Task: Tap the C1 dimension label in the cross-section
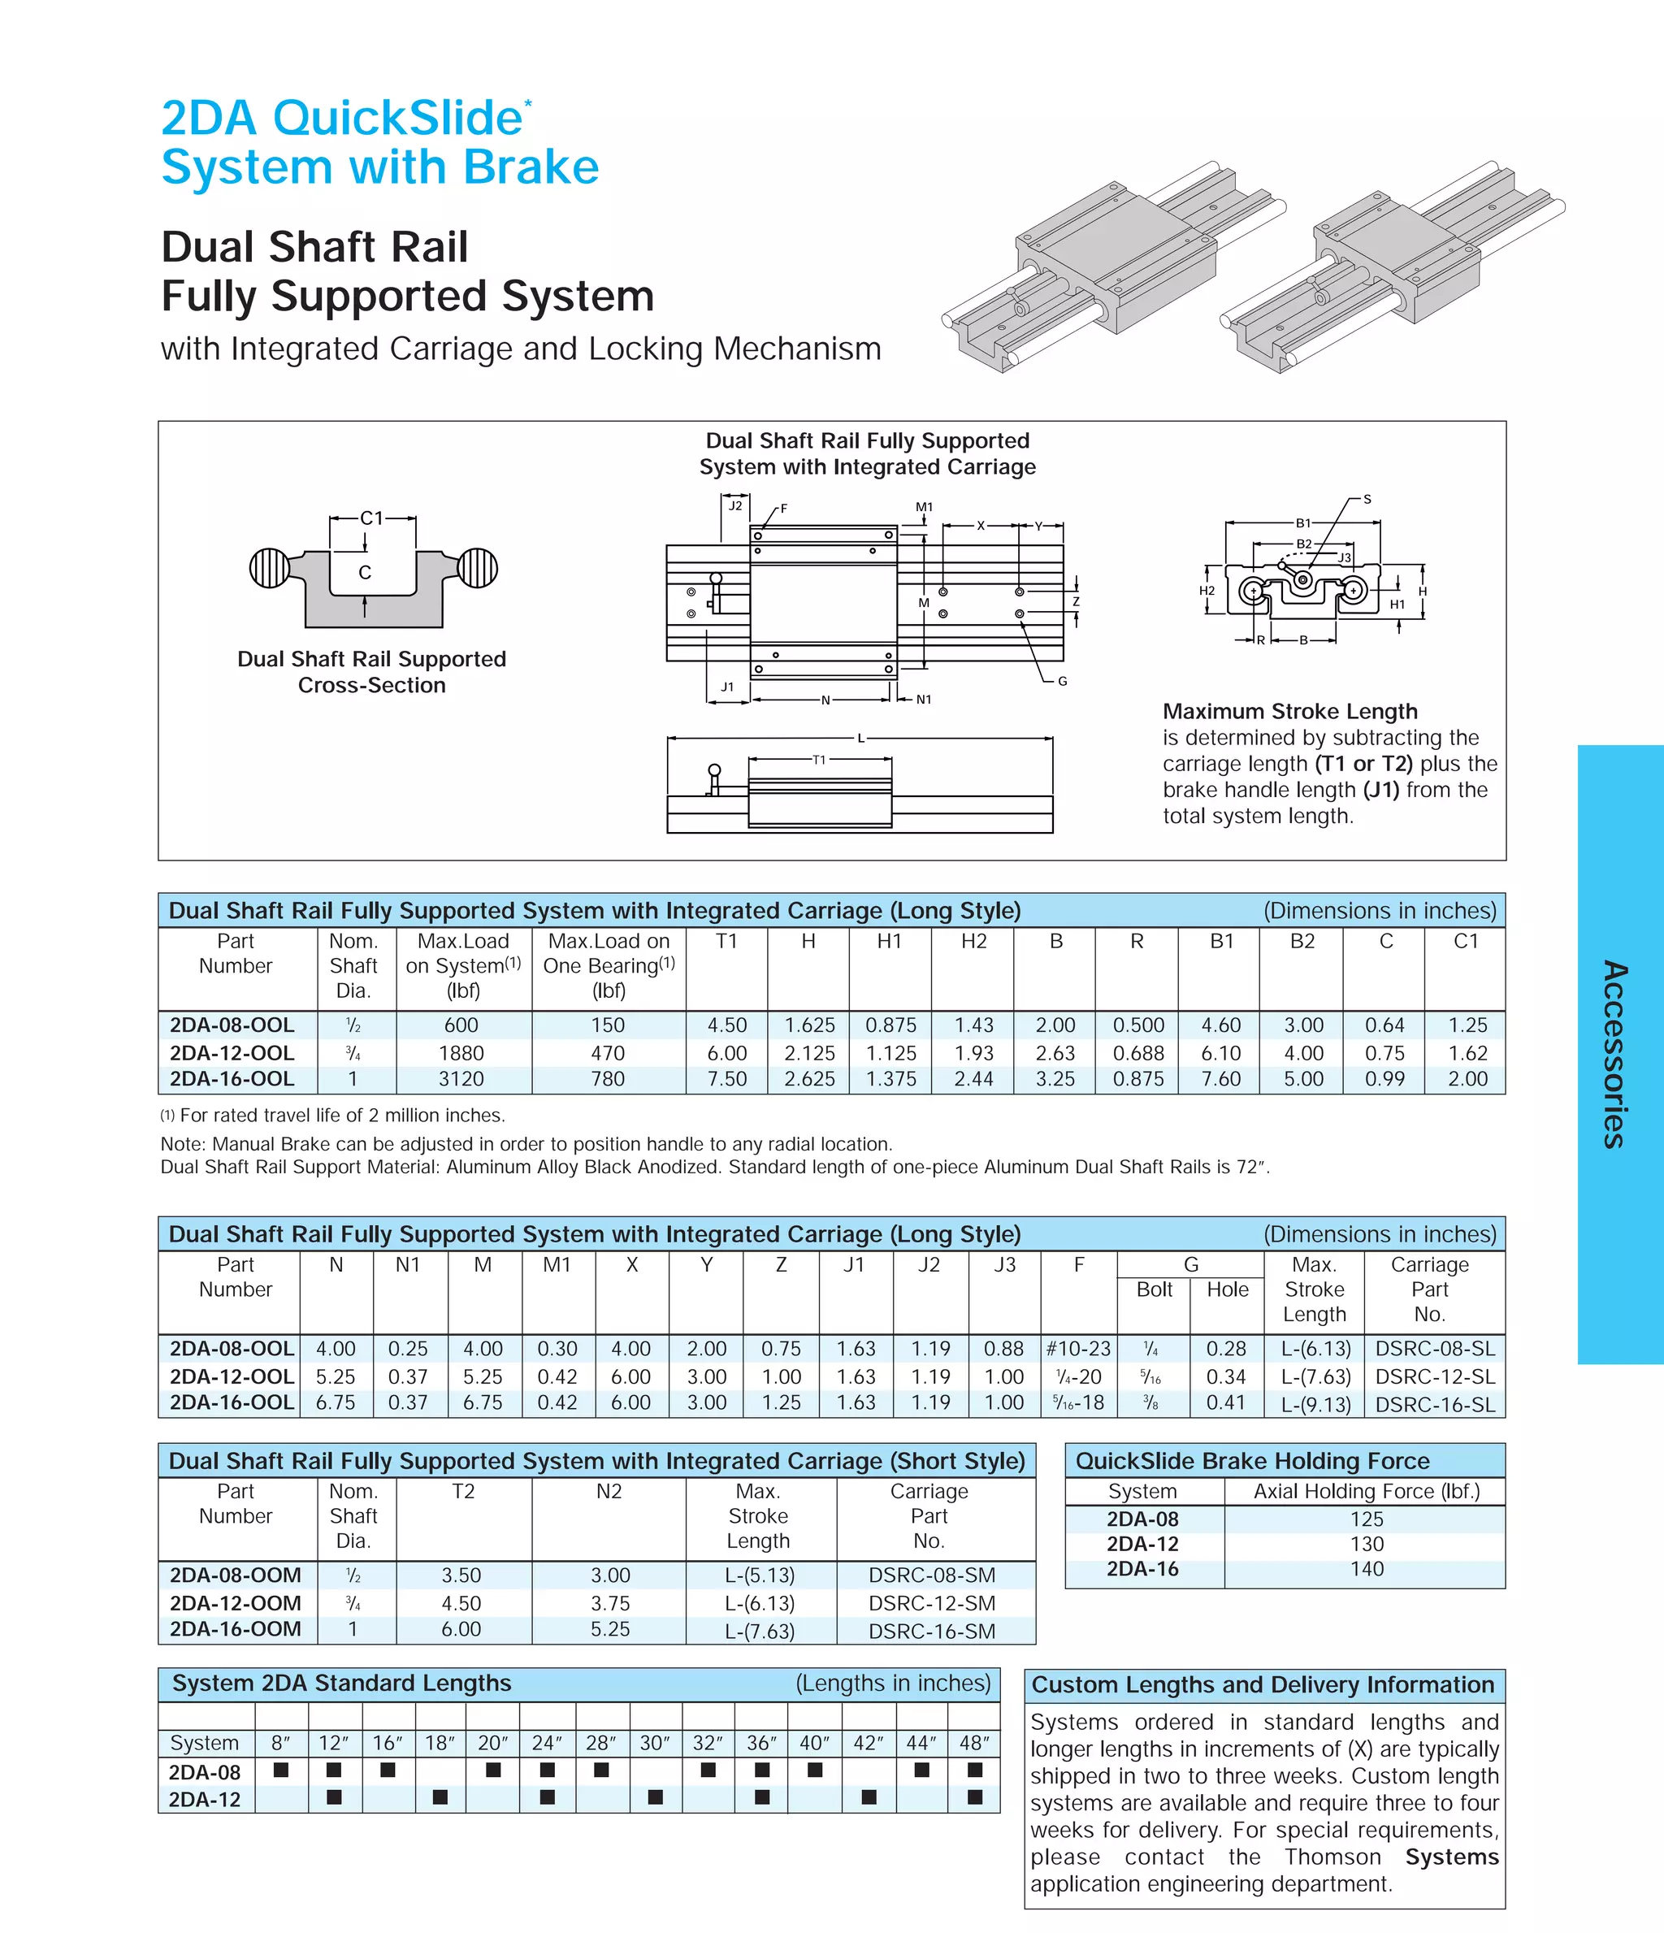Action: click(371, 518)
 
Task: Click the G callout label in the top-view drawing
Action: click(1063, 681)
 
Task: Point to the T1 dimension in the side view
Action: click(819, 760)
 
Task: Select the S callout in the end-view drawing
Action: click(1367, 499)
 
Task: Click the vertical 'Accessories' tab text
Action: click(1615, 1054)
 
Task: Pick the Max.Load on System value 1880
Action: click(461, 1052)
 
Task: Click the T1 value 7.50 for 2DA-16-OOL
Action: click(726, 1078)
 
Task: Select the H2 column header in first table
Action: click(973, 941)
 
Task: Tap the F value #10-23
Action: click(1078, 1348)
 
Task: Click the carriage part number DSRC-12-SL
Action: click(1435, 1376)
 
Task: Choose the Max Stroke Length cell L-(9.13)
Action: click(1315, 1404)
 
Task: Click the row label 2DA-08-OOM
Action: click(235, 1575)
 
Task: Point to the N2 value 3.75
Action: click(610, 1603)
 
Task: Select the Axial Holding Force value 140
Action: click(1367, 1568)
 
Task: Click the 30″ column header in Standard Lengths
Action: click(655, 1743)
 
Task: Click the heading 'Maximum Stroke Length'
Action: click(1290, 711)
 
